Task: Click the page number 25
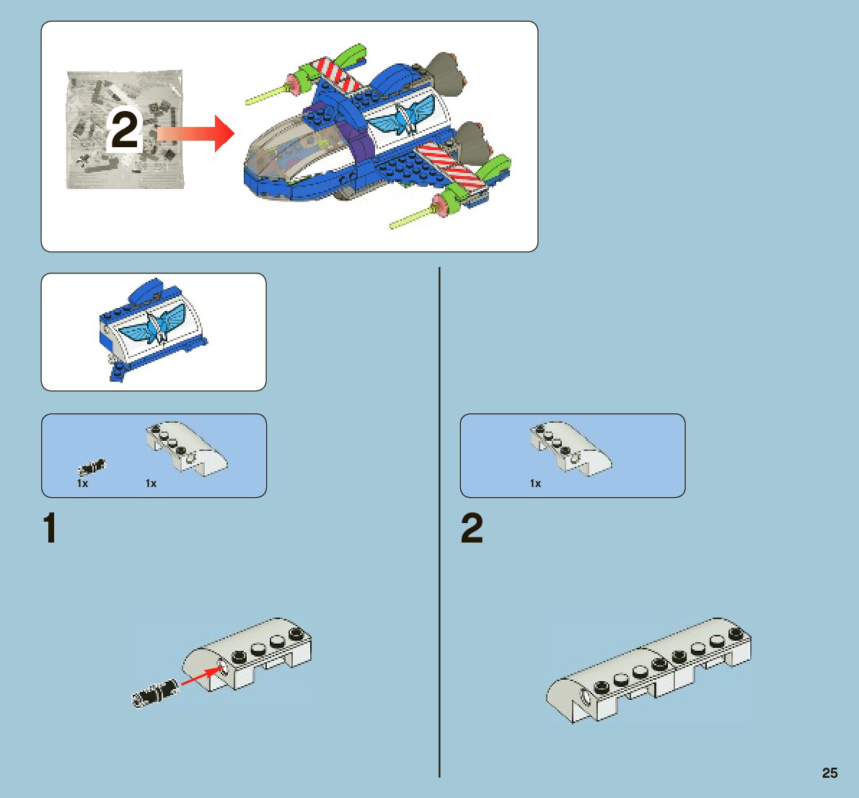coord(829,773)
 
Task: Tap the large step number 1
coord(50,529)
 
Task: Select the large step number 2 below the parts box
coord(472,529)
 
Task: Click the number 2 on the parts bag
coord(125,131)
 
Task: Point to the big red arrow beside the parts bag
coord(195,133)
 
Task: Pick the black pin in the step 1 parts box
coord(92,466)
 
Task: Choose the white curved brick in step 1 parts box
coord(186,447)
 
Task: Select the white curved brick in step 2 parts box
coord(570,447)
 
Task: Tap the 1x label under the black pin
coord(83,483)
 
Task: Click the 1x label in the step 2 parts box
coord(535,483)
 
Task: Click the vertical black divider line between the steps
coord(439,519)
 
